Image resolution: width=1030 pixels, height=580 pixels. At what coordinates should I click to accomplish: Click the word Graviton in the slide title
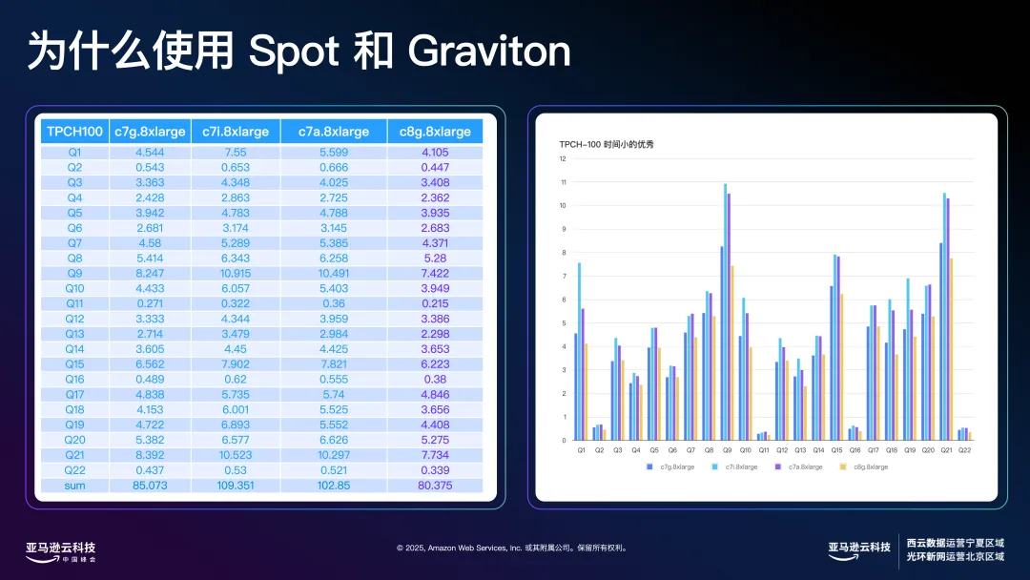[488, 52]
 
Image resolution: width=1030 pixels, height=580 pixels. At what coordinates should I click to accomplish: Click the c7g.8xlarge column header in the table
[149, 132]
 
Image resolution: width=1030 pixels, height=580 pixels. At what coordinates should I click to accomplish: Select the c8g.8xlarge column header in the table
[435, 132]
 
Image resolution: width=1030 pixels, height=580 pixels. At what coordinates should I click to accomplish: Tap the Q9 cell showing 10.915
[236, 272]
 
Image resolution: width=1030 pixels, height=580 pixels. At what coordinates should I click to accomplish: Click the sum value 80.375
[435, 486]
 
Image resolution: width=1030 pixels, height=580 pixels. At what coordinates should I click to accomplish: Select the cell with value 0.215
[435, 302]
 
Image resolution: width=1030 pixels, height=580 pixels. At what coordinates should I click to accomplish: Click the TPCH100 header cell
[74, 132]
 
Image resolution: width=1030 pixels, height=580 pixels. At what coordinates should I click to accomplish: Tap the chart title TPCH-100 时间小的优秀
[607, 144]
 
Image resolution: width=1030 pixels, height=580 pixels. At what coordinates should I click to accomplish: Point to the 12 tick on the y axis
[563, 159]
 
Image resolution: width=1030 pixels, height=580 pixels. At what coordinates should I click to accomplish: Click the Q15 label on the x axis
[836, 449]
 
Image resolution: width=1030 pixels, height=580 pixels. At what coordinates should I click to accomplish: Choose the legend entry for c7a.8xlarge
[795, 466]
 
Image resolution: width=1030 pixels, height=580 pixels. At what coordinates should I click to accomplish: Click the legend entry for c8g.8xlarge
[866, 466]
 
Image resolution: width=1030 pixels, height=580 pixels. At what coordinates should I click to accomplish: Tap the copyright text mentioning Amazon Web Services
[511, 549]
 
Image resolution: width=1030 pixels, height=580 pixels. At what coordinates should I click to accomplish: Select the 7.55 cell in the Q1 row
[236, 152]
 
